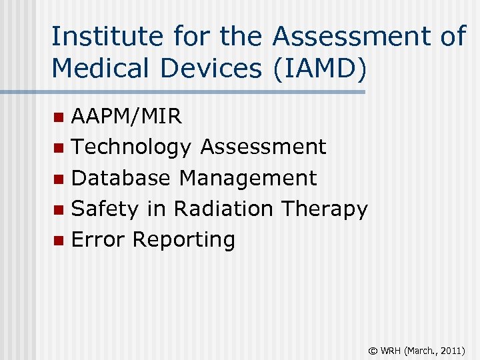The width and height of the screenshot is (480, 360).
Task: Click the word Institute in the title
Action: [95, 36]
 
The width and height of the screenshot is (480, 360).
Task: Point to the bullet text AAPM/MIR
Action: [126, 117]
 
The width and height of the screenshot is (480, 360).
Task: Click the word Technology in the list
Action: [131, 147]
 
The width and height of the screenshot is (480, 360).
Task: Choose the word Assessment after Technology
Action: [263, 147]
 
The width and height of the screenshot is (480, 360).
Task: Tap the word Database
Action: [121, 178]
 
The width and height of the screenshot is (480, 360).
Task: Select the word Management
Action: [248, 178]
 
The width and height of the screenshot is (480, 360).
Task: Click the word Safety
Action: [105, 209]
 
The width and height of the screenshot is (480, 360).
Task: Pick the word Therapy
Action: [324, 209]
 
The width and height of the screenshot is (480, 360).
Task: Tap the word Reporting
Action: [183, 240]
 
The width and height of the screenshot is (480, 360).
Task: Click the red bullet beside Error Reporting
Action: [60, 240]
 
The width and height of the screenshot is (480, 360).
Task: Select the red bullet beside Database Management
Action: [60, 179]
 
